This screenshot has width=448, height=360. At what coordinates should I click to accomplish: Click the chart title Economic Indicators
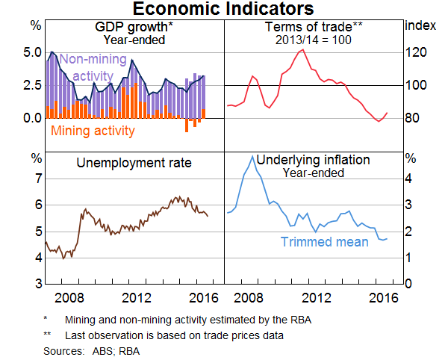(224, 10)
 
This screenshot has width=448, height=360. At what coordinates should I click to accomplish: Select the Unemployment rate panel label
(134, 163)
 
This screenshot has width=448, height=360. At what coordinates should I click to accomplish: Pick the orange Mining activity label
(93, 131)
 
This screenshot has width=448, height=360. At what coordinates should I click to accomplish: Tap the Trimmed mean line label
(324, 241)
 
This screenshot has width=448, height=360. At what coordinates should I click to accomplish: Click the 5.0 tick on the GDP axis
(22, 53)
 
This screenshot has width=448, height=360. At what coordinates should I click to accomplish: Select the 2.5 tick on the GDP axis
(22, 85)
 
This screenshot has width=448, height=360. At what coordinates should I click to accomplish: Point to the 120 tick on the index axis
(415, 53)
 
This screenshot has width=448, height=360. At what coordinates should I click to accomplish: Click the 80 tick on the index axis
(415, 118)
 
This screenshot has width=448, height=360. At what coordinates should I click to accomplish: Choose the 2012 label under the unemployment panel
(134, 297)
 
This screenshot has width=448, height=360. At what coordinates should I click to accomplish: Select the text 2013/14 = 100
(313, 39)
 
